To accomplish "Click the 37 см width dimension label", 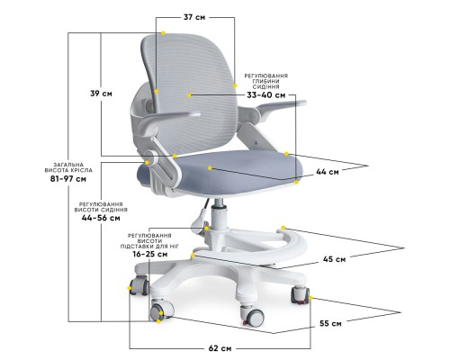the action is (194, 17).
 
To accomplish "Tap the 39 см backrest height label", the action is (101, 94).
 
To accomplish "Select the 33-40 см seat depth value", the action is (266, 95).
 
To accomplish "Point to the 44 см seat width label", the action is (328, 172).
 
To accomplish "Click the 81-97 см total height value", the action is (68, 179).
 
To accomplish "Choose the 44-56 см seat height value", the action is (101, 218).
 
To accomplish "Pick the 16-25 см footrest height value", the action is (150, 255).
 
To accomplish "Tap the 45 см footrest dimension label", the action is (334, 259).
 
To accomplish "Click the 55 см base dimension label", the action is (330, 324).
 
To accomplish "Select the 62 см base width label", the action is (220, 348).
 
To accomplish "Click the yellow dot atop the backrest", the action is (163, 33).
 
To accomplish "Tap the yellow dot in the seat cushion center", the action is (210, 168).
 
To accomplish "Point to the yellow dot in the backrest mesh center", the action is (189, 95).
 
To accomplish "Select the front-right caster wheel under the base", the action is (252, 316).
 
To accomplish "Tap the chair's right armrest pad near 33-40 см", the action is (281, 105).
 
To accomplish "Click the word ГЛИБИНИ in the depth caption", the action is (265, 81).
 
